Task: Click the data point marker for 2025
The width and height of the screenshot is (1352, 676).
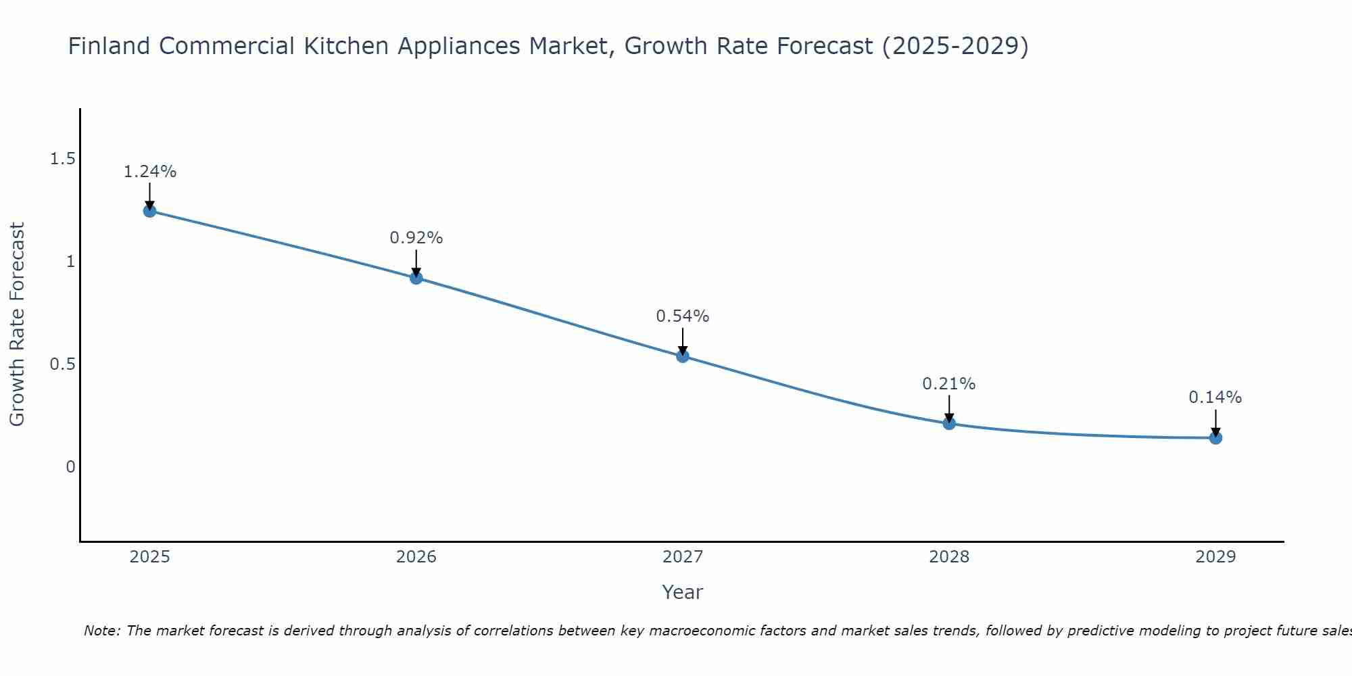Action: [149, 211]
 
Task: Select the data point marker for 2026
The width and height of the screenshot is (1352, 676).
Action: [416, 277]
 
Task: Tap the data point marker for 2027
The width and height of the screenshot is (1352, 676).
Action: [683, 356]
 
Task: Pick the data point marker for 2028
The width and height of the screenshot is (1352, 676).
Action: [949, 423]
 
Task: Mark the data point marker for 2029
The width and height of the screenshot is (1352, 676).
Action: [1215, 437]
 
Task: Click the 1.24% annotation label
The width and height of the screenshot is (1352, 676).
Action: [149, 172]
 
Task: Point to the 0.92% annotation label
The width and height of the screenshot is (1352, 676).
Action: [416, 238]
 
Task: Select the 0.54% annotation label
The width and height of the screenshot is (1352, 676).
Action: [683, 316]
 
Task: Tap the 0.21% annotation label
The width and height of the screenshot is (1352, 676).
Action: [949, 384]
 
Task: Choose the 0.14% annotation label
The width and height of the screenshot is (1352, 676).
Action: [1215, 397]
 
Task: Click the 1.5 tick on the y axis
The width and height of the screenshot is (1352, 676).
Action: [62, 159]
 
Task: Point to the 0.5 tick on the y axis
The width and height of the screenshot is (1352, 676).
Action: [62, 364]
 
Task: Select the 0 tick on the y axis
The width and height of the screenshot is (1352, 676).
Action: [70, 467]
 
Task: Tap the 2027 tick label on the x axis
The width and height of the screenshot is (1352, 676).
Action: [683, 557]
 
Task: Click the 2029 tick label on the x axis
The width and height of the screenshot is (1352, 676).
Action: [1215, 557]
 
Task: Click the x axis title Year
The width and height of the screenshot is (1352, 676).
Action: [683, 592]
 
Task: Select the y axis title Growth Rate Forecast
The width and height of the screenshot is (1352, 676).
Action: [18, 324]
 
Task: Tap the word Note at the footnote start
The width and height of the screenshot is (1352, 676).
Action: [101, 631]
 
